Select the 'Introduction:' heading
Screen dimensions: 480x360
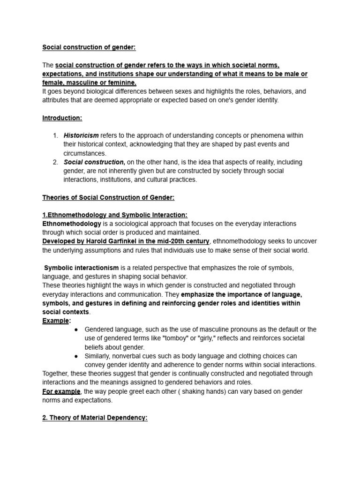tap(62, 118)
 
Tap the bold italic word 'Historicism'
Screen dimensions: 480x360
tap(81, 135)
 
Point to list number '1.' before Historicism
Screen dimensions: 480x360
tap(55, 135)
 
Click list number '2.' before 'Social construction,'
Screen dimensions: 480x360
tap(55, 162)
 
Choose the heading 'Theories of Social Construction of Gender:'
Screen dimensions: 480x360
tap(108, 197)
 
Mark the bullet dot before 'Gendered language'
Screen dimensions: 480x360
tap(76, 330)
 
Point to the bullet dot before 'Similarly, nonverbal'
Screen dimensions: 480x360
tap(76, 356)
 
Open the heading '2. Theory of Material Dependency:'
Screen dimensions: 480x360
tap(95, 418)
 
